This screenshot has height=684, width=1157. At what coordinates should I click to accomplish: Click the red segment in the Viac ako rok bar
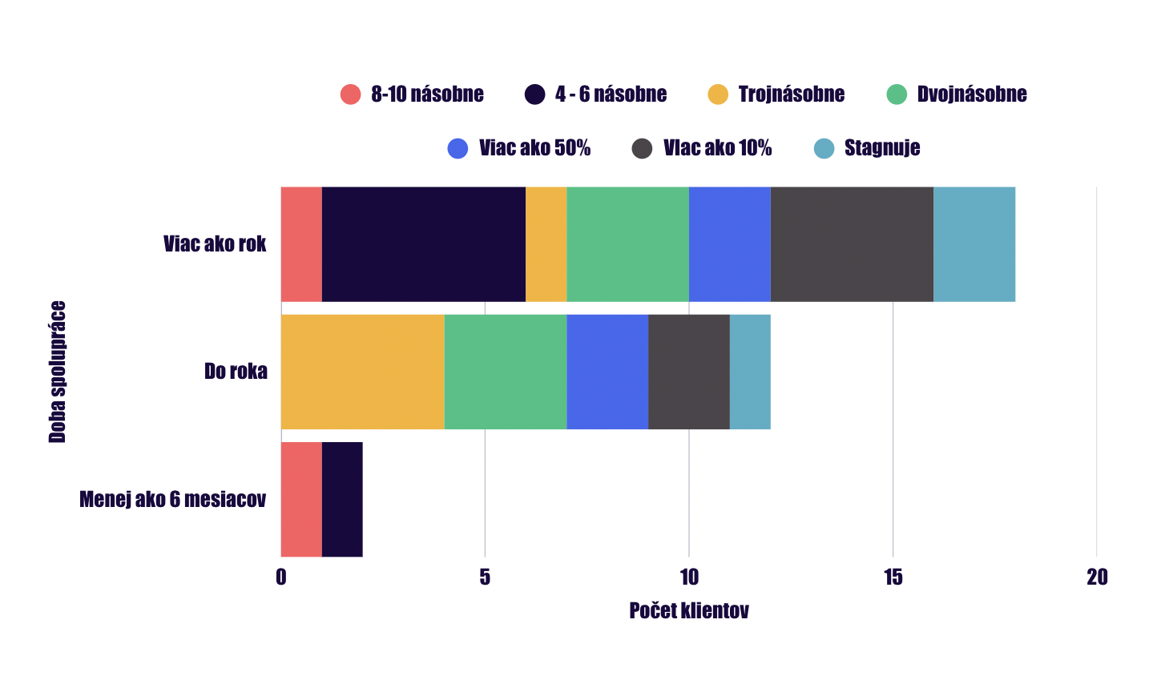(301, 244)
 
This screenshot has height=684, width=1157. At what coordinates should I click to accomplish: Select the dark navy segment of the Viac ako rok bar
(424, 244)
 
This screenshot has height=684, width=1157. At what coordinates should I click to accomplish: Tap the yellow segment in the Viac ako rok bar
(546, 244)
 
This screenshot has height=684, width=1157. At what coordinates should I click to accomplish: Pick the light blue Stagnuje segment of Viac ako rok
(974, 244)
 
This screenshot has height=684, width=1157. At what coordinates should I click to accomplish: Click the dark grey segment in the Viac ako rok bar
(852, 244)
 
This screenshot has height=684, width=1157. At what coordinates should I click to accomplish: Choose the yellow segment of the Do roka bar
(363, 372)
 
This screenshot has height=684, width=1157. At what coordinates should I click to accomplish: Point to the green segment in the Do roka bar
(505, 372)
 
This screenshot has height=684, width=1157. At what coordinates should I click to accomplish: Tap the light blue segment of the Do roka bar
(750, 372)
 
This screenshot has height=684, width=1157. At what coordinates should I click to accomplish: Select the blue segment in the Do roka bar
(607, 372)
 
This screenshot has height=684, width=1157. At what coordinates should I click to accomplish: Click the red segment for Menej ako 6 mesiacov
(301, 499)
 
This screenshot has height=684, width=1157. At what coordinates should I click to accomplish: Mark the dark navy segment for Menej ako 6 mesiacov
(342, 499)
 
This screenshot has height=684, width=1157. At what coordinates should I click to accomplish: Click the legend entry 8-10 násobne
(412, 95)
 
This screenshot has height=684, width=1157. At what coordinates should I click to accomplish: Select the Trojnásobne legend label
(792, 95)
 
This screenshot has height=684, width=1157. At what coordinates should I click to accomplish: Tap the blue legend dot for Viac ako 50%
(458, 149)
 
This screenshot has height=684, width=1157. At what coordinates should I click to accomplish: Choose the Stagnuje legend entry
(867, 149)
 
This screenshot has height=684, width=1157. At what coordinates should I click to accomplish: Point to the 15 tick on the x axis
(893, 577)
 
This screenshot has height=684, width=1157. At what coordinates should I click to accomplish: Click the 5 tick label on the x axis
(485, 577)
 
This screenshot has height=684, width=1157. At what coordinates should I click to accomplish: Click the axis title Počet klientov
(689, 610)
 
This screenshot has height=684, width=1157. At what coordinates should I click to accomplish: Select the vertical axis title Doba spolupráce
(58, 372)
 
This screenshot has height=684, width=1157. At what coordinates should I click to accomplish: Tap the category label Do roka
(236, 372)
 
